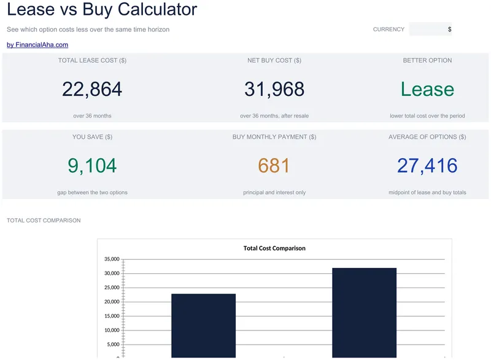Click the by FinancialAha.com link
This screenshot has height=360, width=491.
click(37, 45)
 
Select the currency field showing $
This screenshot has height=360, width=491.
click(430, 29)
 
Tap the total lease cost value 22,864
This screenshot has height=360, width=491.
click(92, 89)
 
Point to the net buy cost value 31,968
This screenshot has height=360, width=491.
click(274, 89)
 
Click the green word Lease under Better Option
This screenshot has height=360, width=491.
click(427, 89)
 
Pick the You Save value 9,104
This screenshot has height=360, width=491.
click(92, 165)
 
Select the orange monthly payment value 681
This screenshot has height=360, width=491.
click(274, 165)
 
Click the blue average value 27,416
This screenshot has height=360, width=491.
click(427, 165)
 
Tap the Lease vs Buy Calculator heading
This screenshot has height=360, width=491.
click(102, 9)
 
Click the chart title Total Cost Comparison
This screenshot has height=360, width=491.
click(274, 248)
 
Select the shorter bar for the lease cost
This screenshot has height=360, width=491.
click(204, 326)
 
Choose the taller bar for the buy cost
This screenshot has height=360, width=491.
click(364, 313)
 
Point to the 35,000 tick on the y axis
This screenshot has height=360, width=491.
click(112, 259)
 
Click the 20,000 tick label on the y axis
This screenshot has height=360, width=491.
click(112, 302)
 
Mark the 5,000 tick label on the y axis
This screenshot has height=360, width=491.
click(113, 344)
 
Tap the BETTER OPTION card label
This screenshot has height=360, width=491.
click(427, 60)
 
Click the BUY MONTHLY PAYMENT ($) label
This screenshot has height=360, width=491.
click(274, 137)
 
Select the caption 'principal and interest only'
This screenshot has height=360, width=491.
click(274, 192)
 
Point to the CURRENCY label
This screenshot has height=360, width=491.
click(389, 29)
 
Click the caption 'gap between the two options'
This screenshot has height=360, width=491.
click(92, 192)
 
